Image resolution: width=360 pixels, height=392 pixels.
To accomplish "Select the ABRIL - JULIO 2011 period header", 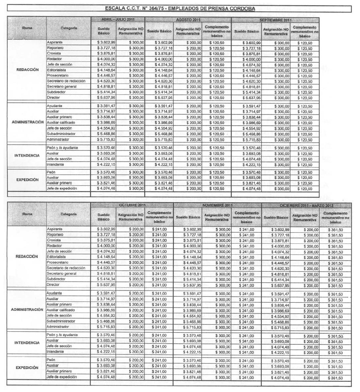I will [x=118, y=20].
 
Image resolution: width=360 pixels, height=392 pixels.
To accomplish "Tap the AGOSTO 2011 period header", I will [x=188, y=20].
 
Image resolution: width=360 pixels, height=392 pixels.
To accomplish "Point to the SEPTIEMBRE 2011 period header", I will [x=275, y=20].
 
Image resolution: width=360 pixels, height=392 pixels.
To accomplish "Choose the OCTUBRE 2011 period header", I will [x=132, y=205].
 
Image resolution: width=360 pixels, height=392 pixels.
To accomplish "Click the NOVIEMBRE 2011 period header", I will [x=217, y=205].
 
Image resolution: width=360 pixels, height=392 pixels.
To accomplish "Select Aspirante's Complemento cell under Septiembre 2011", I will [x=305, y=43].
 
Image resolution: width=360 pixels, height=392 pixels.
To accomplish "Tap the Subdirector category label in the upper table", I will [x=56, y=92].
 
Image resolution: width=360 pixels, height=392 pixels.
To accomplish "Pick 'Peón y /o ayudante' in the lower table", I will [x=62, y=335].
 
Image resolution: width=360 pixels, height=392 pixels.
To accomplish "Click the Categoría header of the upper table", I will [x=69, y=28].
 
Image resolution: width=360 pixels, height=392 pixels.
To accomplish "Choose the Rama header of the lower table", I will [x=27, y=214].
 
